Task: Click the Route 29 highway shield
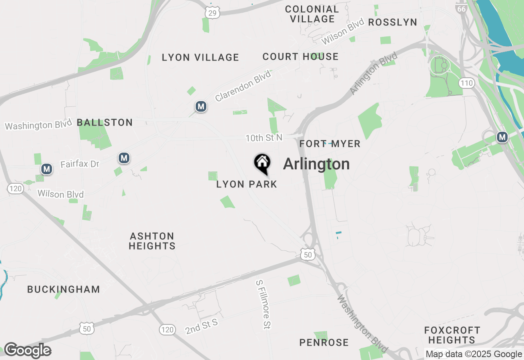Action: point(212,13)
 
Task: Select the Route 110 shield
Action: point(467,83)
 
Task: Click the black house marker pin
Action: point(262,163)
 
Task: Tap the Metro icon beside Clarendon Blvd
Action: point(201,107)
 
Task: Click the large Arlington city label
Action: point(316,164)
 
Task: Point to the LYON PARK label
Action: point(247,184)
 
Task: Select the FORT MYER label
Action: point(330,144)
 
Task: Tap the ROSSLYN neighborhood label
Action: point(393,22)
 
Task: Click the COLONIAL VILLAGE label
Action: point(312,14)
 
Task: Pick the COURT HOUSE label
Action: point(300,56)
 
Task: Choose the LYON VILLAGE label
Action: point(200,57)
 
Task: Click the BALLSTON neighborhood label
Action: point(105,122)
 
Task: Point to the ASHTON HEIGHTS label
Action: point(152,241)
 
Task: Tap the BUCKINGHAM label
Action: point(63,289)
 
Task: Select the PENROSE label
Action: point(324,342)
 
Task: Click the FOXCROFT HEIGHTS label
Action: point(452,335)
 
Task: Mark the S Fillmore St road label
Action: point(264,304)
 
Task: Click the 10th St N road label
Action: point(264,137)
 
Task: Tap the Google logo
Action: point(27,350)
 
